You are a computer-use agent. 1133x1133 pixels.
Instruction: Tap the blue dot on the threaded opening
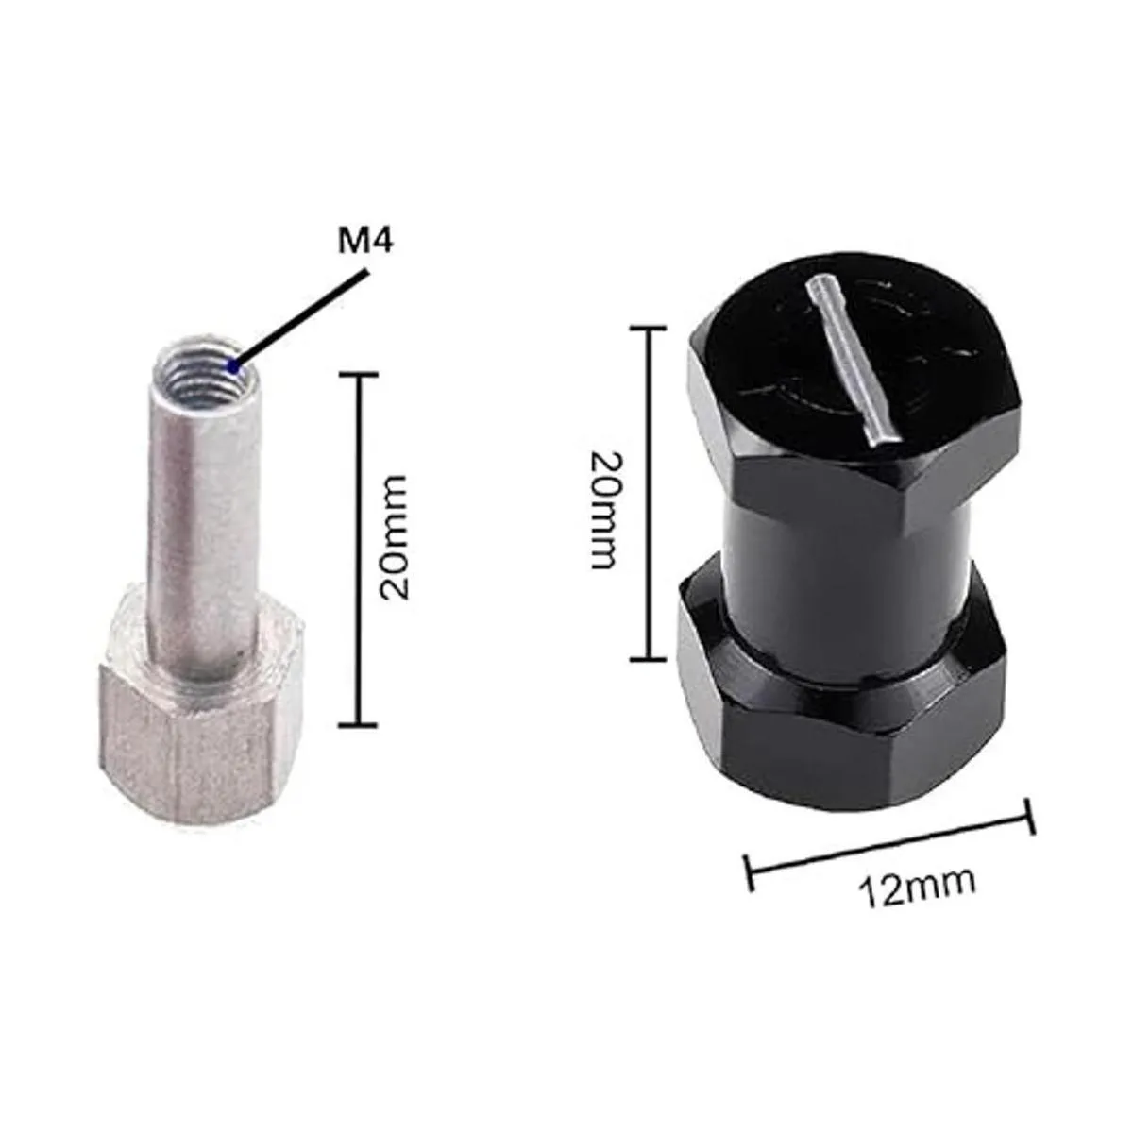(x=235, y=367)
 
